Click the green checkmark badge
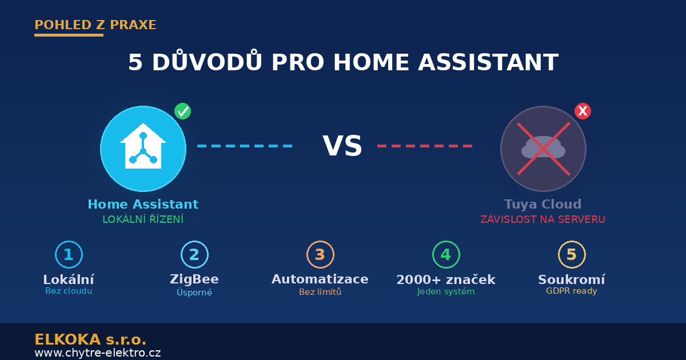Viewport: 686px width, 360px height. click(183, 111)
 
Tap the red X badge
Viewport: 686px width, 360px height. click(583, 111)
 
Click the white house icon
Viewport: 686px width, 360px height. click(143, 146)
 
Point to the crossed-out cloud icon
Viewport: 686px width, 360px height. click(543, 149)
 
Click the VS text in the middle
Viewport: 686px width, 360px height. click(342, 146)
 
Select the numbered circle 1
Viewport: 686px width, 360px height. click(69, 255)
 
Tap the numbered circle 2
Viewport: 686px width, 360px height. click(194, 255)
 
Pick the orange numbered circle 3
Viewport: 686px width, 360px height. click(320, 255)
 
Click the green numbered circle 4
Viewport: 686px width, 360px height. click(446, 255)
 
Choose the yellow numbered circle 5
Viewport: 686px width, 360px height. click(572, 255)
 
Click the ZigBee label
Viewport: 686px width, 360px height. click(194, 279)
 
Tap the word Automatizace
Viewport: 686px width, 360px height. click(320, 279)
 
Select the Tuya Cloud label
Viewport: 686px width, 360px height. click(543, 204)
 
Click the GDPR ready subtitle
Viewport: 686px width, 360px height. click(572, 291)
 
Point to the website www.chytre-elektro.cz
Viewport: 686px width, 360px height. click(97, 353)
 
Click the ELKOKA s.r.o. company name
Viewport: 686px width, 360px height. click(90, 339)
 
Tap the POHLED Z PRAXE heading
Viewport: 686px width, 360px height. click(95, 25)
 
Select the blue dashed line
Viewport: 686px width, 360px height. click(245, 146)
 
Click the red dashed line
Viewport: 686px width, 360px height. click(425, 146)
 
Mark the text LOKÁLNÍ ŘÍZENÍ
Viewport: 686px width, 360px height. click(143, 219)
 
